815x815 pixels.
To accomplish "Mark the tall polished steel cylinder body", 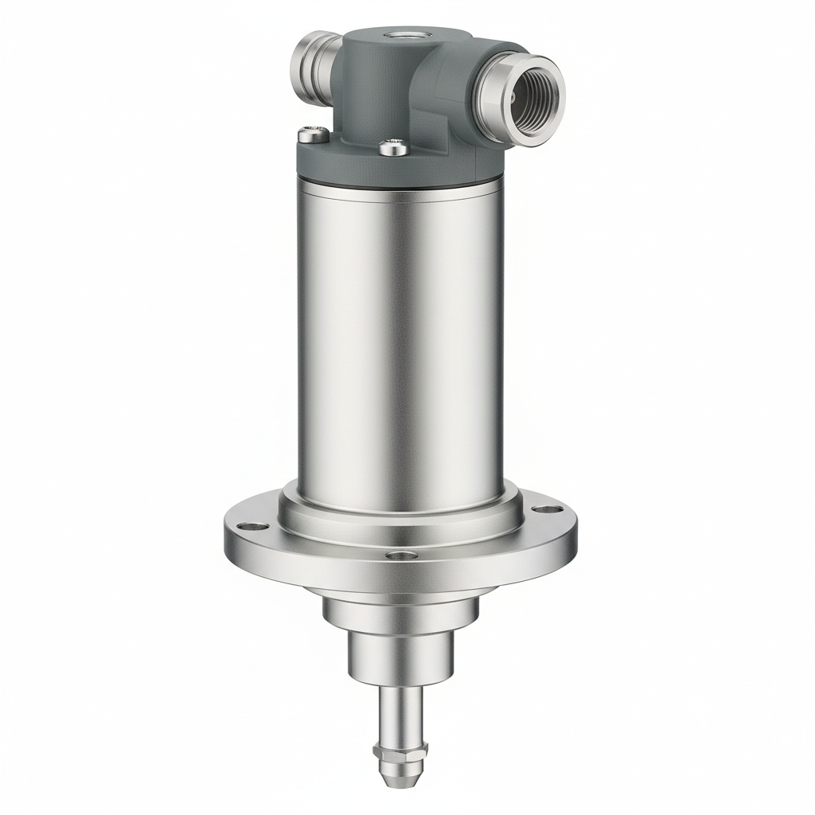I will tap(400, 334).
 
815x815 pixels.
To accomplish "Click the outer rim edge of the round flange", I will tap(398, 577).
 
